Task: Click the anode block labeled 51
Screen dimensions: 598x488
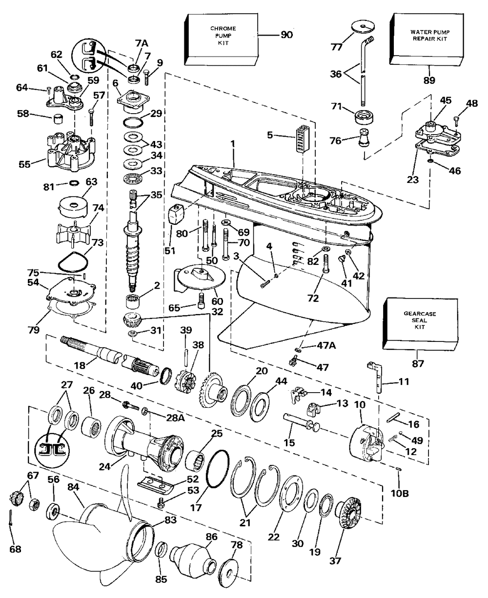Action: click(x=177, y=213)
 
